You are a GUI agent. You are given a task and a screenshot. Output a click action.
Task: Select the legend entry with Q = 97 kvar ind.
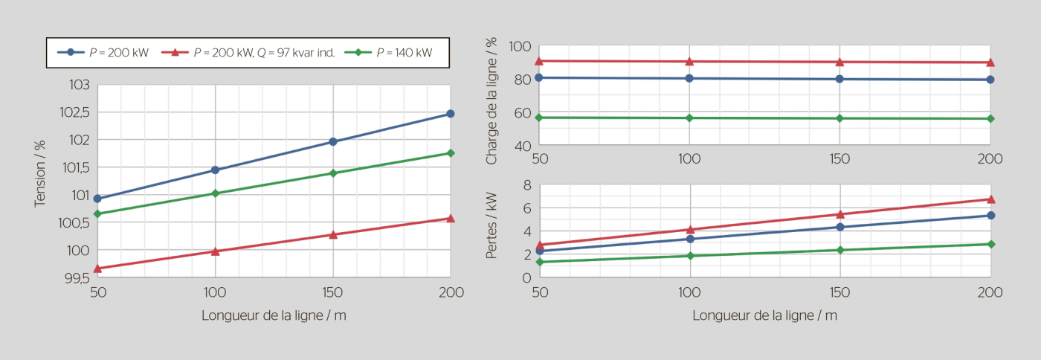coord(264,53)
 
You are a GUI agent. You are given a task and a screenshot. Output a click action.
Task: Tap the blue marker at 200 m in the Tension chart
coord(450,114)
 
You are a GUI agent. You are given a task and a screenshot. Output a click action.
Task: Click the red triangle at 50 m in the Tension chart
coord(97,269)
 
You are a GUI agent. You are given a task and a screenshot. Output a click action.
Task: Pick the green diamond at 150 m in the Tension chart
coord(332,173)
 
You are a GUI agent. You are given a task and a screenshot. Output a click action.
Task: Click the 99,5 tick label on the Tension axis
coord(75,278)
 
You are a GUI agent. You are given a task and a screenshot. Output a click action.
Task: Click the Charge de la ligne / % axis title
coord(491,100)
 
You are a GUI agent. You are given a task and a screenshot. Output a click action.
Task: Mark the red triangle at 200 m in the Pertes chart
coord(990,199)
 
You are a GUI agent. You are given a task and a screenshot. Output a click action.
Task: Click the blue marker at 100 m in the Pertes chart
coord(690,239)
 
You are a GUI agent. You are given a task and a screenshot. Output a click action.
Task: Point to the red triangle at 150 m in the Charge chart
coord(839,62)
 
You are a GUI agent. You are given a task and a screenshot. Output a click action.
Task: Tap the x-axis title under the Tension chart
coord(274,315)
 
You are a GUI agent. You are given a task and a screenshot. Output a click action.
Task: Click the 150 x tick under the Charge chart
coord(839,158)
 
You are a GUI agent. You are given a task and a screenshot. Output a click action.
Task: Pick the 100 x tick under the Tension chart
coord(215,292)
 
